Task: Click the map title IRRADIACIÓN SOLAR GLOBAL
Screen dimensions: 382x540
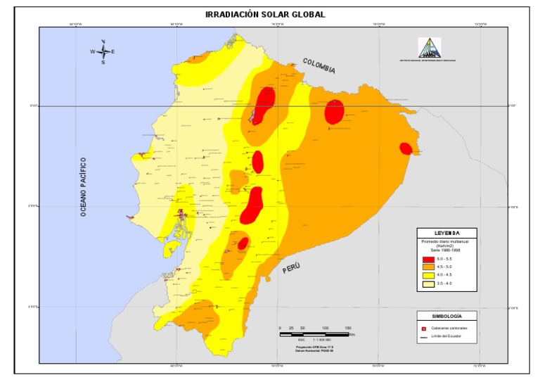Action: [x=265, y=15]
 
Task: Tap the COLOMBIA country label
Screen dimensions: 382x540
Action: [x=319, y=66]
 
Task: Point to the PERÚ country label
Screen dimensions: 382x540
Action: [x=292, y=267]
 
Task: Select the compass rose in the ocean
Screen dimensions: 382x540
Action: [x=103, y=52]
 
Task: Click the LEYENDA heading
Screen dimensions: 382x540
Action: [x=446, y=233]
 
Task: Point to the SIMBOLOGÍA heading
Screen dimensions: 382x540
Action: [x=446, y=316]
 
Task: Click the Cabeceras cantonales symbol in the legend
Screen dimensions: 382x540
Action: [x=424, y=329]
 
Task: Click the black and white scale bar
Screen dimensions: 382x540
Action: [x=314, y=334]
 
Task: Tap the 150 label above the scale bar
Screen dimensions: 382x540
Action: [x=347, y=328]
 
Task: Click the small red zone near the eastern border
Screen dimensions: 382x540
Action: [x=405, y=148]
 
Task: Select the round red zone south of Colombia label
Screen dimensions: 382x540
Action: [x=334, y=112]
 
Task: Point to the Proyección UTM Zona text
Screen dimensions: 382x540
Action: [x=314, y=346]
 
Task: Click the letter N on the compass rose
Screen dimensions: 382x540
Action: [x=103, y=42]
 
